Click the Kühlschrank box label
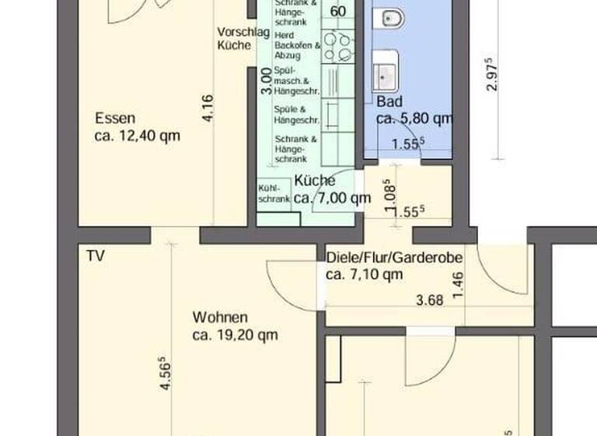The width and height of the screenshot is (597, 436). [273, 194]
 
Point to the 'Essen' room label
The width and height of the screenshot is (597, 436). [115, 119]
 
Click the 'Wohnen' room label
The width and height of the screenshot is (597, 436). [220, 318]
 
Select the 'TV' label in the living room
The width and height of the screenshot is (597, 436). [96, 255]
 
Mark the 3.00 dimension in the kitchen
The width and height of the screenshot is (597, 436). [265, 79]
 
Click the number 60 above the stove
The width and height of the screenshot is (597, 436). [338, 12]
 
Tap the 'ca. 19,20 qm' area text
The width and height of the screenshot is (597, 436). [235, 336]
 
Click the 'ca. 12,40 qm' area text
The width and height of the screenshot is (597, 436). [137, 135]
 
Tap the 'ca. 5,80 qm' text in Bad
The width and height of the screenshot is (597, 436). [414, 119]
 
